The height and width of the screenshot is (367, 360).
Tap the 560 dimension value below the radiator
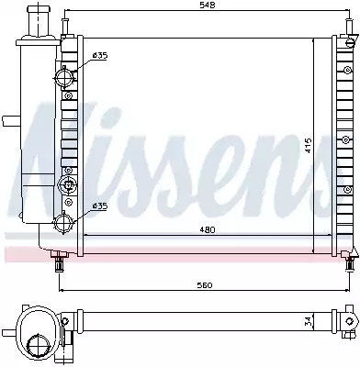[204, 285]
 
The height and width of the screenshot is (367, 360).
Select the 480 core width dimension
[208, 229]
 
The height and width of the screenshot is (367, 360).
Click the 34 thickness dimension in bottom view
[309, 320]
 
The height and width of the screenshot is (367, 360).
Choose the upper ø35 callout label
[100, 55]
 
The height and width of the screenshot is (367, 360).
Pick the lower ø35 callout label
[100, 206]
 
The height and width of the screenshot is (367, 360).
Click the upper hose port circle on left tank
[63, 77]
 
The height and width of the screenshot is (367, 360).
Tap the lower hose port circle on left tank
[63, 222]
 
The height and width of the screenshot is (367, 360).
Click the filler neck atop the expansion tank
[37, 20]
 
